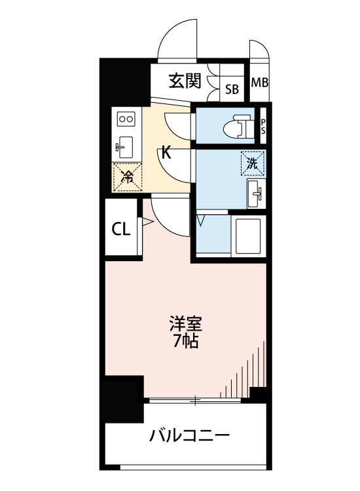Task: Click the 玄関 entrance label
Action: click(184, 82)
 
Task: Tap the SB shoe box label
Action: click(232, 89)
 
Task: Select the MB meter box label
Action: click(260, 83)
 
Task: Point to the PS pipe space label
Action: click(263, 126)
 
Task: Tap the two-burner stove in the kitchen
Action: click(125, 119)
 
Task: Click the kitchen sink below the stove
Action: click(124, 145)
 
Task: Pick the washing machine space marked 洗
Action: click(253, 163)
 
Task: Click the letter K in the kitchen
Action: click(166, 154)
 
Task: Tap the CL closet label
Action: click(120, 229)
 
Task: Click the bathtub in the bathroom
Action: click(247, 235)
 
